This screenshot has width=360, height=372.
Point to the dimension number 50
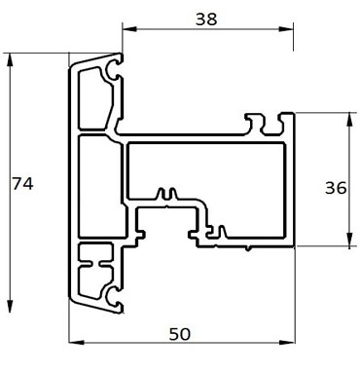tap(179, 333)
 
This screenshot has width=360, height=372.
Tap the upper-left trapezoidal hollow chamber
tap(94, 97)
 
